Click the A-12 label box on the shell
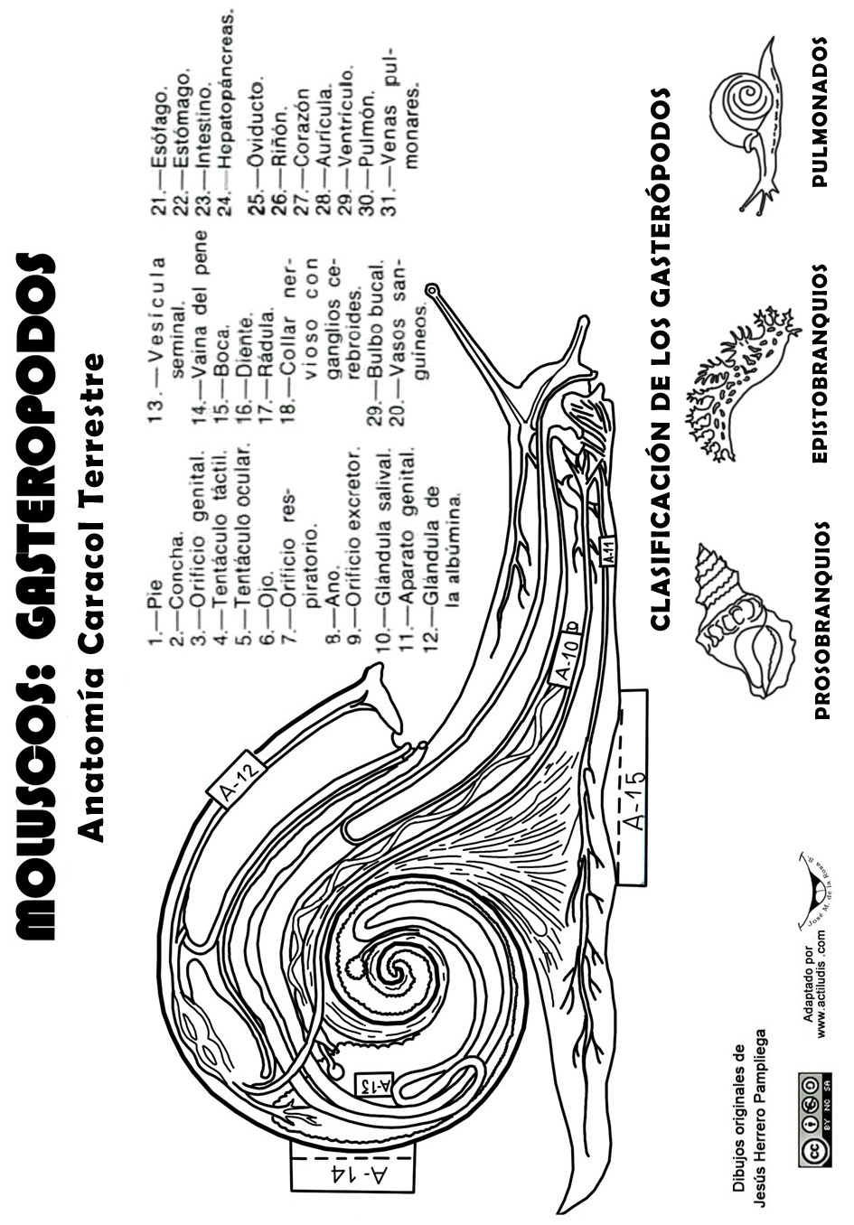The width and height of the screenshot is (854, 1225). [241, 778]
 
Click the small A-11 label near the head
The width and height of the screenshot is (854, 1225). [609, 550]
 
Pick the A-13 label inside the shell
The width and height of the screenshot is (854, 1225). [375, 1084]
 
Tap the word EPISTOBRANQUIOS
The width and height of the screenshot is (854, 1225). [821, 363]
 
